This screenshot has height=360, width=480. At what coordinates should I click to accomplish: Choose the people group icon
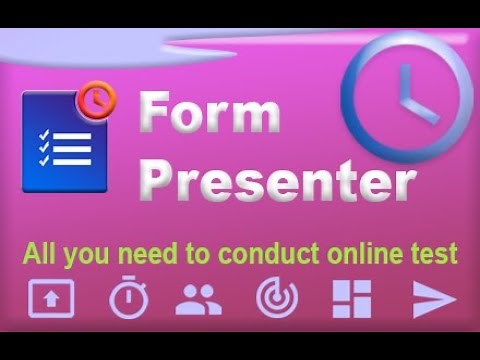[x=200, y=299]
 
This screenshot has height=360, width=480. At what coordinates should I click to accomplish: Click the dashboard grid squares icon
[x=351, y=299]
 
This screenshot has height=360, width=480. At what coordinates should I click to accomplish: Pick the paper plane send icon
[x=434, y=299]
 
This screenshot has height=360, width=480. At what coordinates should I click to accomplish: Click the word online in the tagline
[x=375, y=252]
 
